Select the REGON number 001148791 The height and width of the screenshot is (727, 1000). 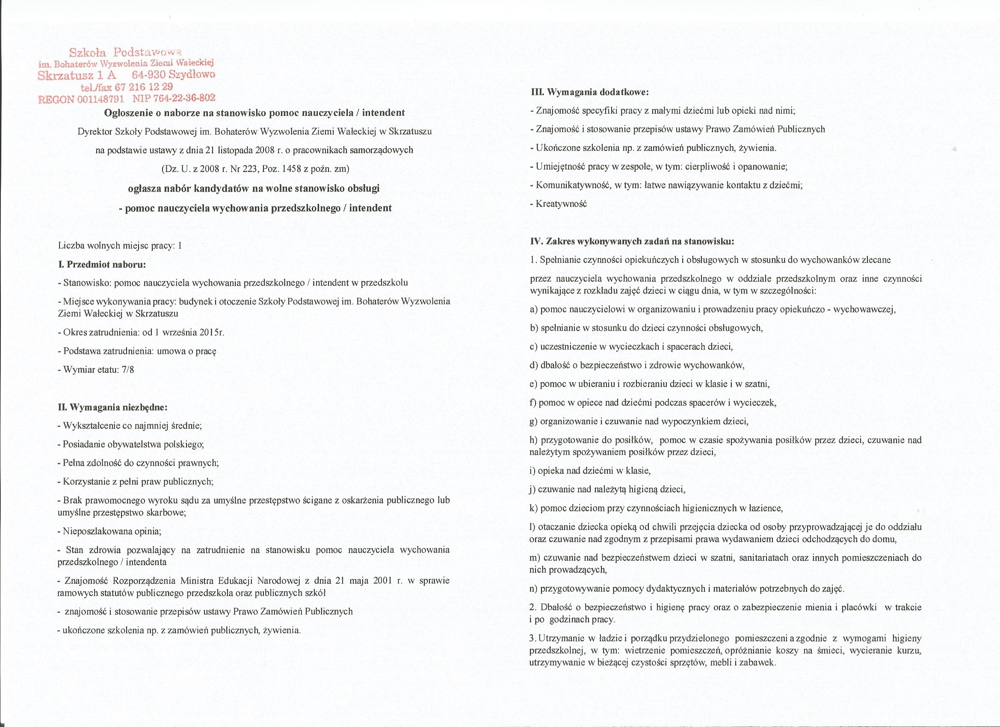tap(100, 99)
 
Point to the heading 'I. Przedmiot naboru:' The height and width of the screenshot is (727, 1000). tap(101, 265)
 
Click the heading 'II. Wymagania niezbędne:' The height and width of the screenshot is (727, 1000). tap(112, 407)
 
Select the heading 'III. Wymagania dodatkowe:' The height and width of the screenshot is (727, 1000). tap(589, 92)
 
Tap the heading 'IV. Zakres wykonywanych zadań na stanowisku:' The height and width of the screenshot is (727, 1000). tap(632, 241)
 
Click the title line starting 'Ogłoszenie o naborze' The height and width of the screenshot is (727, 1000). tap(254, 112)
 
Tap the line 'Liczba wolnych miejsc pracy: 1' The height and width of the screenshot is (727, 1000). tap(120, 245)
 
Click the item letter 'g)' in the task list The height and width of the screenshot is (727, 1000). tap(533, 421)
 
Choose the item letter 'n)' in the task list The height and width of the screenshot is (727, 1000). tap(533, 588)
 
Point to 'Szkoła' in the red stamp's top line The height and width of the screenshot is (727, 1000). tap(88, 53)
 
